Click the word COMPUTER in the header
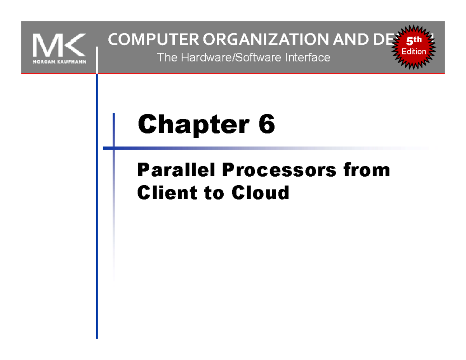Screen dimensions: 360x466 click(144, 40)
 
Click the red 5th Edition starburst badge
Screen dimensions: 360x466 click(414, 47)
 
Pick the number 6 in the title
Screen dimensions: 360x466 click(267, 125)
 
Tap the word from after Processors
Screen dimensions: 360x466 click(366, 170)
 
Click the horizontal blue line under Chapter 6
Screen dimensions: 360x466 click(233, 148)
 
